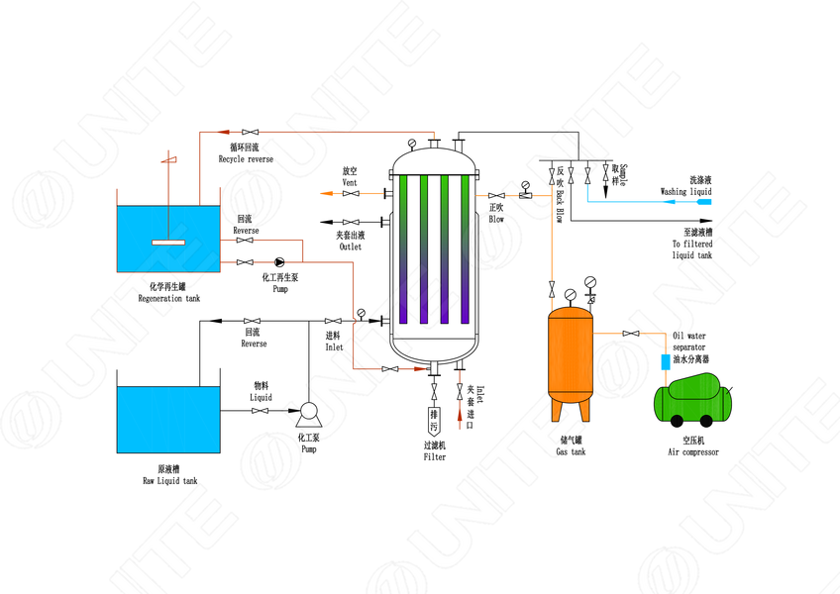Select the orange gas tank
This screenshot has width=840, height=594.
tap(571, 352)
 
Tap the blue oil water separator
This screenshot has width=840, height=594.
tap(666, 362)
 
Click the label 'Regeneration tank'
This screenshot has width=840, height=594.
tap(168, 298)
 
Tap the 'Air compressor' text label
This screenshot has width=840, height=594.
tap(693, 452)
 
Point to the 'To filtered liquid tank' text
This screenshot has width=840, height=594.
tap(691, 249)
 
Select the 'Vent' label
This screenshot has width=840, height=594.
tap(350, 183)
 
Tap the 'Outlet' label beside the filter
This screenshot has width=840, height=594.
tap(350, 247)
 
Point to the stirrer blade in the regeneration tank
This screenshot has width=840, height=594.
tap(169, 242)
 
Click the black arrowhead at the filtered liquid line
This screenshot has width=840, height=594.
tap(705, 221)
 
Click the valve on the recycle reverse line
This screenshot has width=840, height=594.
tap(255, 132)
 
